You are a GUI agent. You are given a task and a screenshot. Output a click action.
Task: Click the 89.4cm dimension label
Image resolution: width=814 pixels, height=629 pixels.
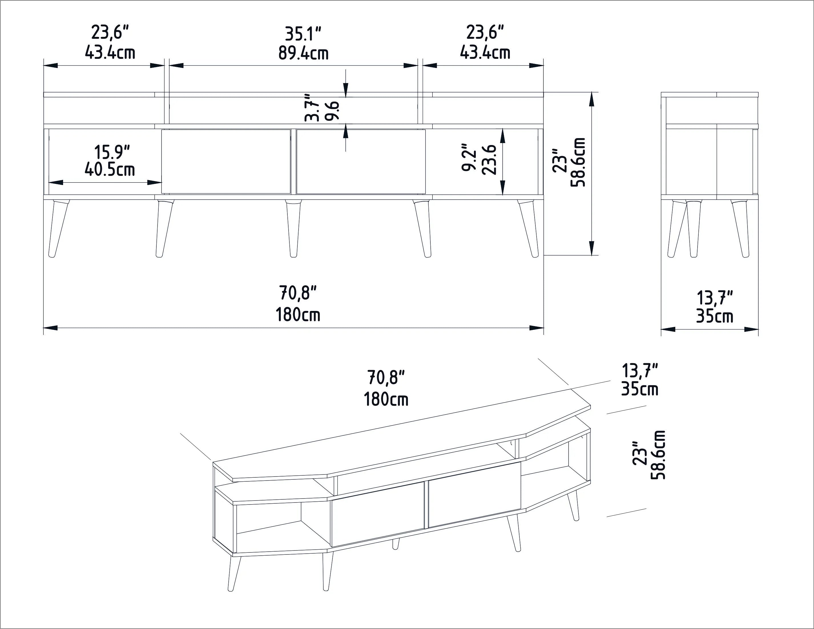303,53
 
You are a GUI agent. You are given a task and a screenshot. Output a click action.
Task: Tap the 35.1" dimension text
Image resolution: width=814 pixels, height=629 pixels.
303,34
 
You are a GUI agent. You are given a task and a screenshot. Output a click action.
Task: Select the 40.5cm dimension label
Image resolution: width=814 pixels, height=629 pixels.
110,170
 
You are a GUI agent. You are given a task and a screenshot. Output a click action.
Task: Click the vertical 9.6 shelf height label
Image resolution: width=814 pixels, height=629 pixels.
333,110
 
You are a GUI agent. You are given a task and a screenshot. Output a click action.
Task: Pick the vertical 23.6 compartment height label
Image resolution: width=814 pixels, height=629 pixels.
489,160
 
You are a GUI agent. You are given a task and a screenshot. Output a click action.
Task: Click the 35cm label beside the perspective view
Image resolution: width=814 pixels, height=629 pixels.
640,389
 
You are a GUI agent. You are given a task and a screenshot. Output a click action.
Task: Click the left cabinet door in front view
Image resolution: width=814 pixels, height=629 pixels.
226,161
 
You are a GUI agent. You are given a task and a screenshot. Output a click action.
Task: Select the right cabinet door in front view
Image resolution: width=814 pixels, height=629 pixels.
361,161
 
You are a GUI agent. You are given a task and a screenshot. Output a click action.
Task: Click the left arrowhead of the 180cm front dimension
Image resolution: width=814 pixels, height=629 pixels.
50,328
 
